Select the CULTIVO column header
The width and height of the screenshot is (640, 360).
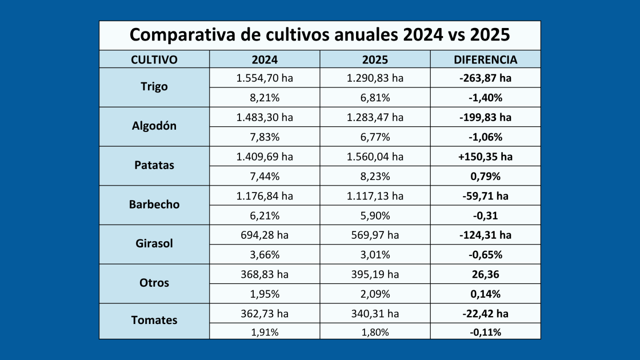click(154, 60)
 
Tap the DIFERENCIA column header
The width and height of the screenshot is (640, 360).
click(485, 60)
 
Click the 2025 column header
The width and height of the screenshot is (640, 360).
click(375, 60)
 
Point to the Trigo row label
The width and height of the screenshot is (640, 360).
click(154, 87)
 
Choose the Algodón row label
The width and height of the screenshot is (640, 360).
click(154, 126)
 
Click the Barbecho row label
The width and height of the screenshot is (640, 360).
click(154, 205)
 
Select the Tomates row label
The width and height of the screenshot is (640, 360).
click(154, 320)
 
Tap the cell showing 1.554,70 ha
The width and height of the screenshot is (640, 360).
click(264, 78)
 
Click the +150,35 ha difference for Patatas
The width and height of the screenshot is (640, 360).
click(485, 157)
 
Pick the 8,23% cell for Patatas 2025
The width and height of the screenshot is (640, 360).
click(375, 176)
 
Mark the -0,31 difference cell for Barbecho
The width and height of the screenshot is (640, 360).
click(485, 216)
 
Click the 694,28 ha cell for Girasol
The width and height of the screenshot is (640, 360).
click(264, 235)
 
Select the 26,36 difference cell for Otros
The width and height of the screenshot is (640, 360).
click(485, 275)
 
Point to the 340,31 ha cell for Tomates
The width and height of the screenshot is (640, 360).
click(375, 314)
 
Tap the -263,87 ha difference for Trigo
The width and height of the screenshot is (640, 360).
click(485, 78)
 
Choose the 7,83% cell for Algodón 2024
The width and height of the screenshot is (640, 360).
click(264, 137)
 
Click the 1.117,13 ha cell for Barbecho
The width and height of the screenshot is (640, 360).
click(375, 196)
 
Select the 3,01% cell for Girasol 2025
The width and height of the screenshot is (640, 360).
click(375, 255)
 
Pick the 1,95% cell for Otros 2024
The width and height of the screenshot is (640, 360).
click(264, 294)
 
